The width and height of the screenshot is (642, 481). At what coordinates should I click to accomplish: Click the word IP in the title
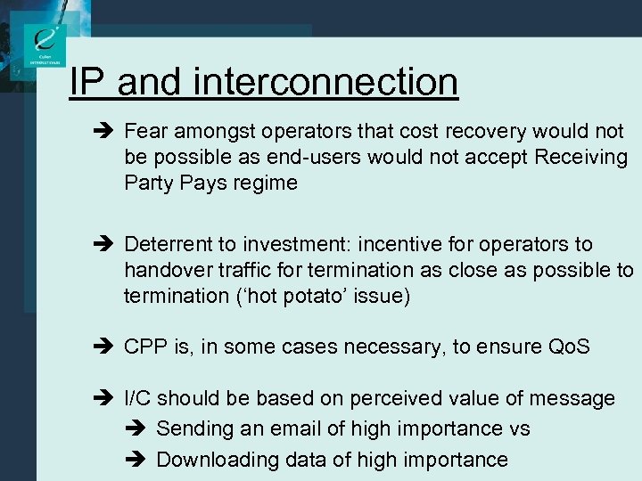(88, 82)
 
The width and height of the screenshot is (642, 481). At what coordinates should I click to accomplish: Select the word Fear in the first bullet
(145, 132)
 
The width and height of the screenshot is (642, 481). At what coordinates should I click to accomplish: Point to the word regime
(268, 183)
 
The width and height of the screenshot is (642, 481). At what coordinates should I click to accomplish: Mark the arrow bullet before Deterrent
(110, 245)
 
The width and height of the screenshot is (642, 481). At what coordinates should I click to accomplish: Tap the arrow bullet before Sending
(141, 429)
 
